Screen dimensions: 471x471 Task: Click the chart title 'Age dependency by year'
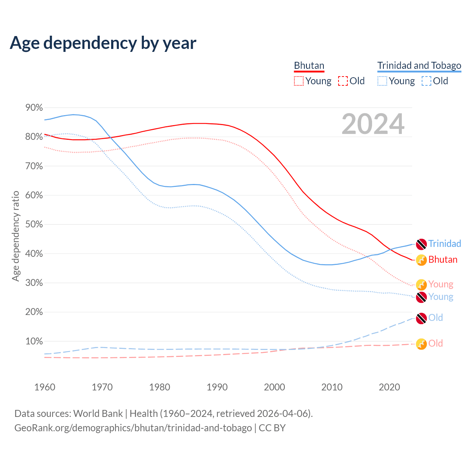pos(103,43)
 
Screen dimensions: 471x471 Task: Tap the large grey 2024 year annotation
pos(373,124)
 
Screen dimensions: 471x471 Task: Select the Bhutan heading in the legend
pos(309,65)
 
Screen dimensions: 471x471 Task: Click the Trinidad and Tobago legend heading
pos(419,65)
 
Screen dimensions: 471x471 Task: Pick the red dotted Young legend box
pos(299,81)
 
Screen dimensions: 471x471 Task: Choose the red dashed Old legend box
pos(343,81)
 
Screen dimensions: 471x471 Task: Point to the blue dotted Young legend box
pos(382,81)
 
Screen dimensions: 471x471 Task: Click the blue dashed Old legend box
pos(426,81)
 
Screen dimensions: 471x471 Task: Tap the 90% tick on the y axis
pos(34,108)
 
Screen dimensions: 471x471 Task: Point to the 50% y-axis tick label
pos(34,224)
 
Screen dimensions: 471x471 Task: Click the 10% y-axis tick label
pos(34,341)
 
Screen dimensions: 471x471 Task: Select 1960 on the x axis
pos(45,387)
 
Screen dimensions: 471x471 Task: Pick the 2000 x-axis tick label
pos(275,387)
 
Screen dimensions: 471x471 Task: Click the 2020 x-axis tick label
pos(389,387)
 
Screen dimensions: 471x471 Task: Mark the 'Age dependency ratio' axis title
pos(15,236)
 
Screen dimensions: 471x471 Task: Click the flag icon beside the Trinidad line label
pos(421,244)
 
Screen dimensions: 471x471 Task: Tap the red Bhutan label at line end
pos(443,259)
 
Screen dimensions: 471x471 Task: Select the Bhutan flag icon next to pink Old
pos(421,344)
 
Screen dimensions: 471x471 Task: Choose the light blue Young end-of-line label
pos(441,297)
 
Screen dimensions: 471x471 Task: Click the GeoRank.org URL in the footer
pos(133,428)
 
